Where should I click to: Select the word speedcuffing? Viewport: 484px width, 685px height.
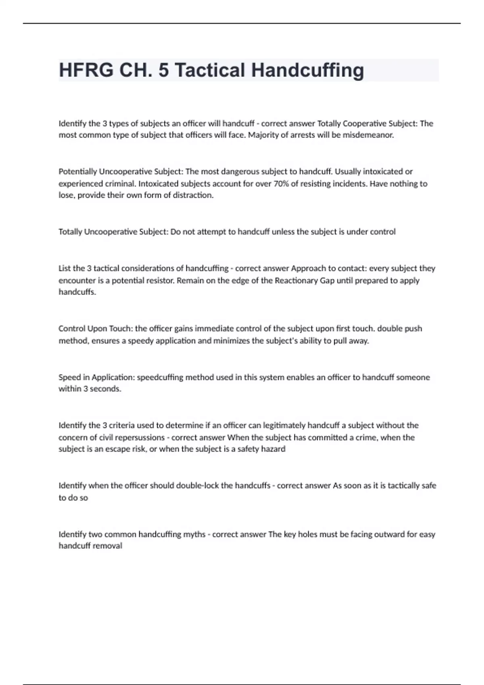coord(160,377)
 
